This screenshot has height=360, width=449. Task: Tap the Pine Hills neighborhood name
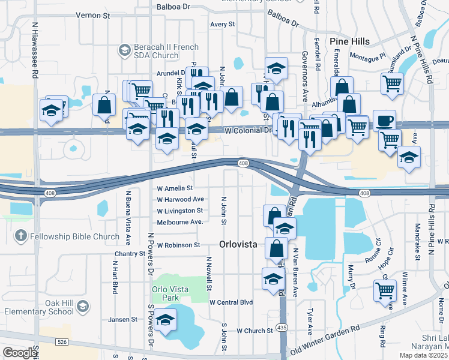point(350,41)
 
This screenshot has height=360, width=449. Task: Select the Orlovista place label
point(238,244)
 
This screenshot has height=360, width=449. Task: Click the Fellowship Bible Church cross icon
point(20,236)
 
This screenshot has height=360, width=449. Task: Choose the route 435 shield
point(282,328)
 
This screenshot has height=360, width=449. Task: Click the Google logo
point(19,352)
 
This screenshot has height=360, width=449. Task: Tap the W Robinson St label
point(178,245)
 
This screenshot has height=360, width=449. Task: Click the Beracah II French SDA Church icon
point(125,50)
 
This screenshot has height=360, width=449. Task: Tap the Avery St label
point(222,25)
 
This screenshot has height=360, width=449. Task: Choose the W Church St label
point(255,331)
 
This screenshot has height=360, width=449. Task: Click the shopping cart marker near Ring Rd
point(384,291)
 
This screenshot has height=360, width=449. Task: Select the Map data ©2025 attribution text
point(421,355)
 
